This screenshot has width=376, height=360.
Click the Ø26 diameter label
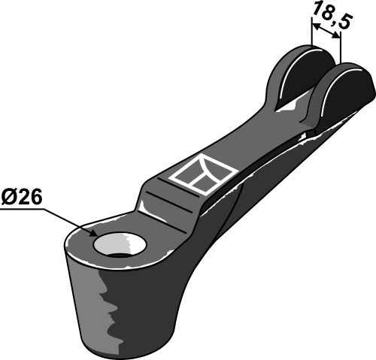22,198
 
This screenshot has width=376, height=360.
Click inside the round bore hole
114,246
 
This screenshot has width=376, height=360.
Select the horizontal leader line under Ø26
23,211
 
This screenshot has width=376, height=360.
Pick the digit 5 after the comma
347,24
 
